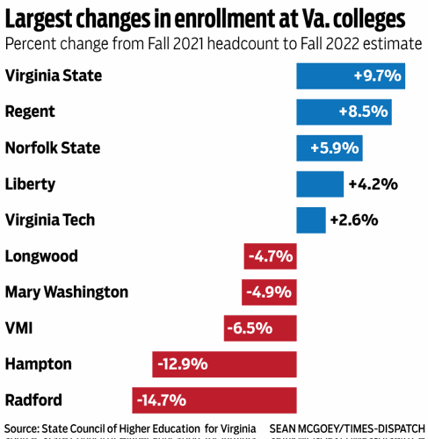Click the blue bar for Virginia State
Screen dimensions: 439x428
(350, 76)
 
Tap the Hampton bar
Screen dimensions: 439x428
(223, 363)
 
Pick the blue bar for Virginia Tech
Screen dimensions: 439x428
(310, 219)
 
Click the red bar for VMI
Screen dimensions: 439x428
(259, 327)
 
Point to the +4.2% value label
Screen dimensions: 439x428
(374, 184)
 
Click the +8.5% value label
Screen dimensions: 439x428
(363, 112)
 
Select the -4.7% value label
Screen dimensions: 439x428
(270, 256)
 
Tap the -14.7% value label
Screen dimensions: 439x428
(161, 400)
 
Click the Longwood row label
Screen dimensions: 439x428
(41, 256)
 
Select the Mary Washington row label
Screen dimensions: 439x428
(67, 292)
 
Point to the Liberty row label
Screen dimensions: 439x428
(30, 184)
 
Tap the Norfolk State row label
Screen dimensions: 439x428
(53, 148)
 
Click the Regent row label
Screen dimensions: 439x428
(30, 112)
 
